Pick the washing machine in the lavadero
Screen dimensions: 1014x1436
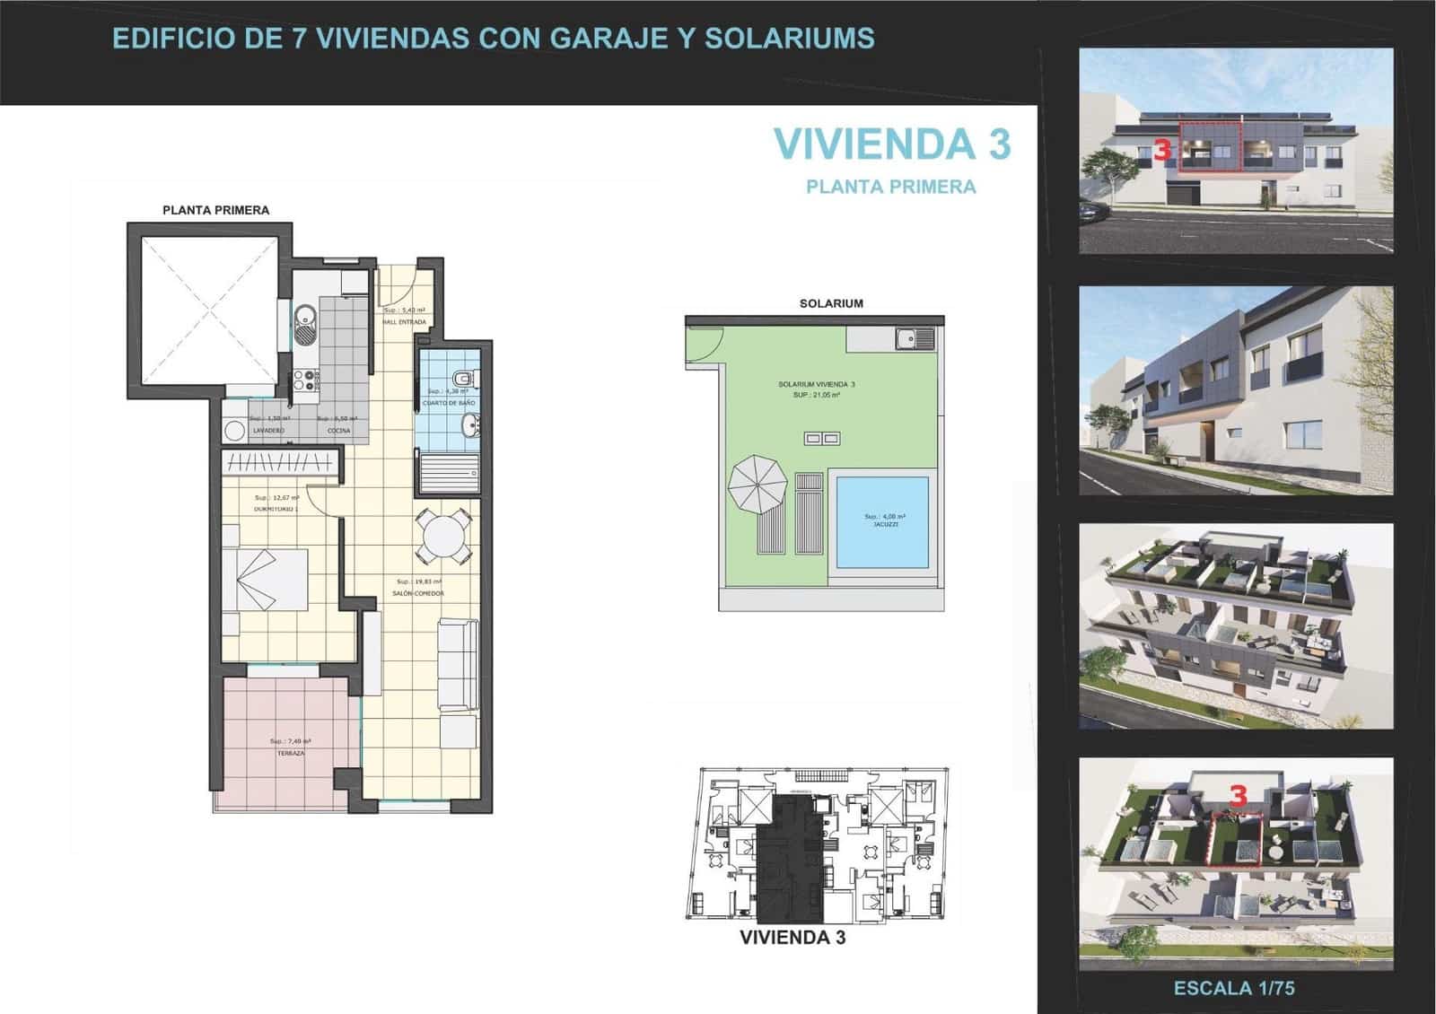point(235,432)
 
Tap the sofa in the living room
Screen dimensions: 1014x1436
point(456,664)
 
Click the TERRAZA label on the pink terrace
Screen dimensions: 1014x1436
point(291,754)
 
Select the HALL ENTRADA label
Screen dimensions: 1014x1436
point(404,321)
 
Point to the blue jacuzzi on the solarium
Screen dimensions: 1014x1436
point(882,522)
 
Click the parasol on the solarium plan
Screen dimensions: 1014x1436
point(756,484)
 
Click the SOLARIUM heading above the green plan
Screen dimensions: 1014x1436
point(831,303)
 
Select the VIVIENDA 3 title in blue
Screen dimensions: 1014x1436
point(891,144)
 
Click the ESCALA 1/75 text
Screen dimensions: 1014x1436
point(1234,988)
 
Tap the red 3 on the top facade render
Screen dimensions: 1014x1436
point(1162,149)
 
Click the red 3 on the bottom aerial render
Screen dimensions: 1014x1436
point(1239,795)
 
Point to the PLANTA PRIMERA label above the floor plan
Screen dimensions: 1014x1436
point(215,210)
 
